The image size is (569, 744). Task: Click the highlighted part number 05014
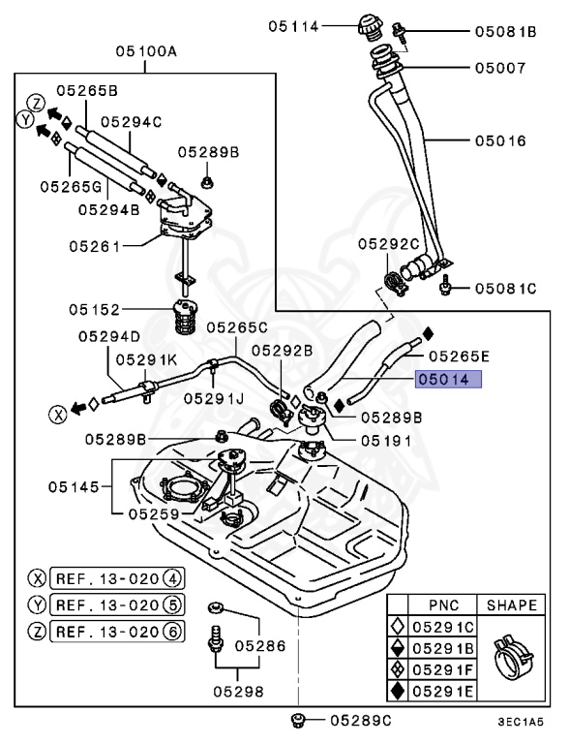pos(448,380)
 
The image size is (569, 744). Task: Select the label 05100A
pos(146,51)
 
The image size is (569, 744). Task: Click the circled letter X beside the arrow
pos(58,415)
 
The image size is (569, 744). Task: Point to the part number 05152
pos(95,310)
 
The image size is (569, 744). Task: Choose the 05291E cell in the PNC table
pos(443,691)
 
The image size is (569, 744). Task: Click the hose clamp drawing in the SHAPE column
pos(513,652)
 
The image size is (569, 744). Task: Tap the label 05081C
pos(505,289)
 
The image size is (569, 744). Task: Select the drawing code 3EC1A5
pos(521,723)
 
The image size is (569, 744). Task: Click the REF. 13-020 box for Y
pos(117,604)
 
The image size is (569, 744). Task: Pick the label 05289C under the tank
pos(361,721)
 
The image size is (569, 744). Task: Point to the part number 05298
pos(238,692)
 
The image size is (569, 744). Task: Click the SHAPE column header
pos(512,605)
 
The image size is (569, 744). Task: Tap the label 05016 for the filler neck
pos(500,140)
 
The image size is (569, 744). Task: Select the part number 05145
pos(74,487)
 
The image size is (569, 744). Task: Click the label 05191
pos(386,441)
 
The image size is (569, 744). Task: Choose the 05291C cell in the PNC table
pos(443,628)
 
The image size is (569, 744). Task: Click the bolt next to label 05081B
pos(399,33)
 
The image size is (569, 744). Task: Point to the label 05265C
pos(237,327)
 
